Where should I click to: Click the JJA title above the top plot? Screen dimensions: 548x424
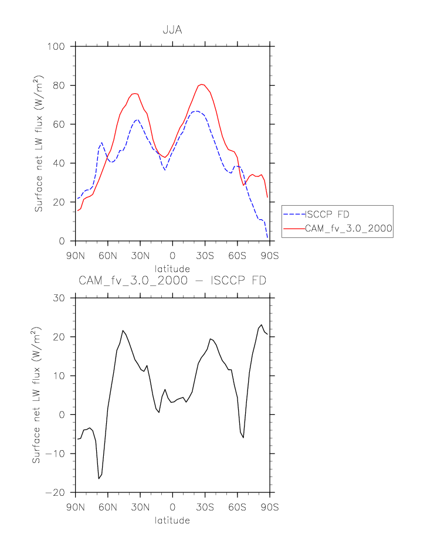[172, 30]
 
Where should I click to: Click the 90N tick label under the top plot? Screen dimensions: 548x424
[75, 256]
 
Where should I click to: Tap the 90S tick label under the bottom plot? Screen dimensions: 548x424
[270, 507]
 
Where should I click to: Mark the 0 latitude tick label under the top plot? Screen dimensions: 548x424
[172, 256]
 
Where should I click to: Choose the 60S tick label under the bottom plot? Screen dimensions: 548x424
[238, 507]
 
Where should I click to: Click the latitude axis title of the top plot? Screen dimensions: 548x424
[172, 269]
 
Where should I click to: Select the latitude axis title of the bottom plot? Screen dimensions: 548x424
[172, 520]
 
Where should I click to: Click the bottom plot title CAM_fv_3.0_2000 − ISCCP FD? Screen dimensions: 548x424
[172, 281]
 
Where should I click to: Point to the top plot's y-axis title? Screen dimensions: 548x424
[38, 144]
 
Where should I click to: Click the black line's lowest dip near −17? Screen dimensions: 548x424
[99, 479]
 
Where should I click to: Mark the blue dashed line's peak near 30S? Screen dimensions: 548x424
[196, 111]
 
